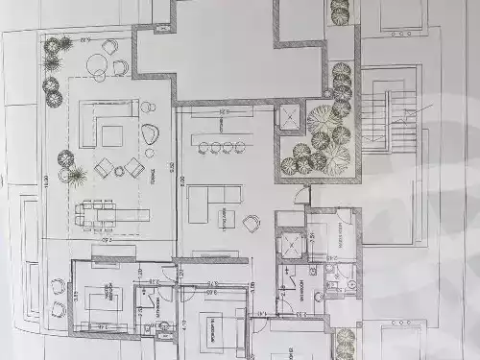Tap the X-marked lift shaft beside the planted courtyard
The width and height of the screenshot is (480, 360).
point(288,118)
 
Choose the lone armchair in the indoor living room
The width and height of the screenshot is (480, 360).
point(251,225)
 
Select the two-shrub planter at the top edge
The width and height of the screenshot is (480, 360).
point(339,11)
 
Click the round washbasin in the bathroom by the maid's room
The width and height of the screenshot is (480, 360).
point(351,285)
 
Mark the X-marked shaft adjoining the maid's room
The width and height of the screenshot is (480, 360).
point(289,245)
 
